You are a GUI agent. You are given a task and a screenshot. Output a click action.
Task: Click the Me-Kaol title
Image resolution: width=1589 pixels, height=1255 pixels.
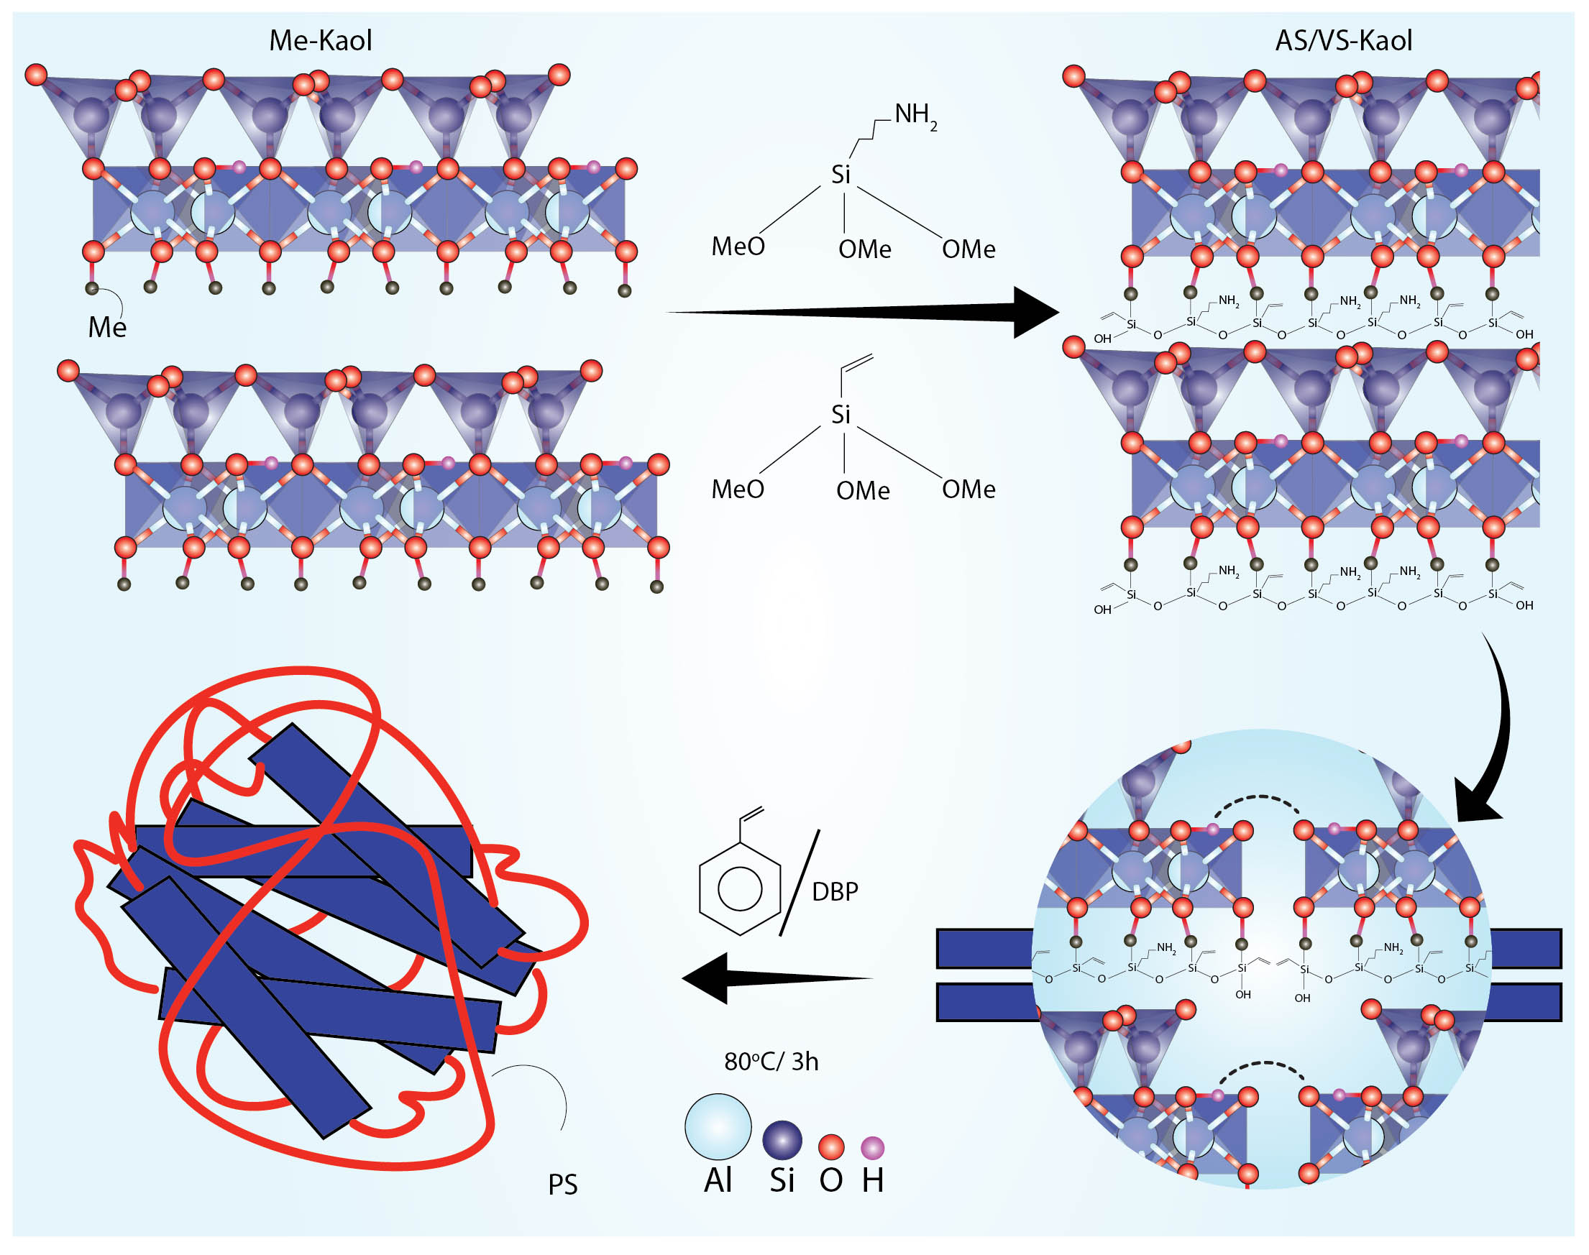point(321,40)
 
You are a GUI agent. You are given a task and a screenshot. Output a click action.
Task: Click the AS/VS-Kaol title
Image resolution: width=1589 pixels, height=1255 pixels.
point(1344,40)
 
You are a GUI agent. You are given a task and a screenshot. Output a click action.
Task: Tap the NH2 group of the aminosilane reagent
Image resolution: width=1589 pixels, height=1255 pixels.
point(916,115)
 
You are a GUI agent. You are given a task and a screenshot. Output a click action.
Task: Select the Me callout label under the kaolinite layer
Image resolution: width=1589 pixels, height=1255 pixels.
point(107,327)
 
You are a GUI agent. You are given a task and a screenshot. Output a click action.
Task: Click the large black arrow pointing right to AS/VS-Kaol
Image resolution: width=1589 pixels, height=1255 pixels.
point(863,313)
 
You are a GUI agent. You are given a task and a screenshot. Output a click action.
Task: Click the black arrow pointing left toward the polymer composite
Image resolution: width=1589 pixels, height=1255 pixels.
point(777,978)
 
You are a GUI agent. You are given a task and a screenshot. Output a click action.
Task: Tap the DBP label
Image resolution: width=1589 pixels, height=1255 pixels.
point(835,891)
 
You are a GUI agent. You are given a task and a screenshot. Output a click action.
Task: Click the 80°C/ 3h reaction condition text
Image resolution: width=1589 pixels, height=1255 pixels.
point(771,1062)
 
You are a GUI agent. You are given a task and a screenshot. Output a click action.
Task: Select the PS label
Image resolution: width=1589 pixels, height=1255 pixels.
point(563,1185)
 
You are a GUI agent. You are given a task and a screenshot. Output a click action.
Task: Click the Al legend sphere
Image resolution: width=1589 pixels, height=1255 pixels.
point(718,1127)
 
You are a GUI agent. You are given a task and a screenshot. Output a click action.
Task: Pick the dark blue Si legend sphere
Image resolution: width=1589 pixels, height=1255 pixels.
point(782,1140)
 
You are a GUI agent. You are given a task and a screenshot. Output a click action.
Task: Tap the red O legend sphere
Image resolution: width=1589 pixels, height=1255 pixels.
point(831,1146)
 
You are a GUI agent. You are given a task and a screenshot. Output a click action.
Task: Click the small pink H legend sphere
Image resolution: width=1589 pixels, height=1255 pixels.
point(872,1147)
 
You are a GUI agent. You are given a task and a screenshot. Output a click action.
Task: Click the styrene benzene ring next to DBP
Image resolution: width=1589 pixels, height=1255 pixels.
point(739,888)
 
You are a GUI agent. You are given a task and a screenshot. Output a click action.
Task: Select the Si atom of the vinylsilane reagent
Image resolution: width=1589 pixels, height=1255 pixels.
point(841,415)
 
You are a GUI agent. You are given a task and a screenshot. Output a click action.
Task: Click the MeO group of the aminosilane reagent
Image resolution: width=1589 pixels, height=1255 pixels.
point(738,246)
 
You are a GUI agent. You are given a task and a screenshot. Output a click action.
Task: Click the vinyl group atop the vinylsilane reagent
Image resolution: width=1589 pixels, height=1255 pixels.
point(857,372)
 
